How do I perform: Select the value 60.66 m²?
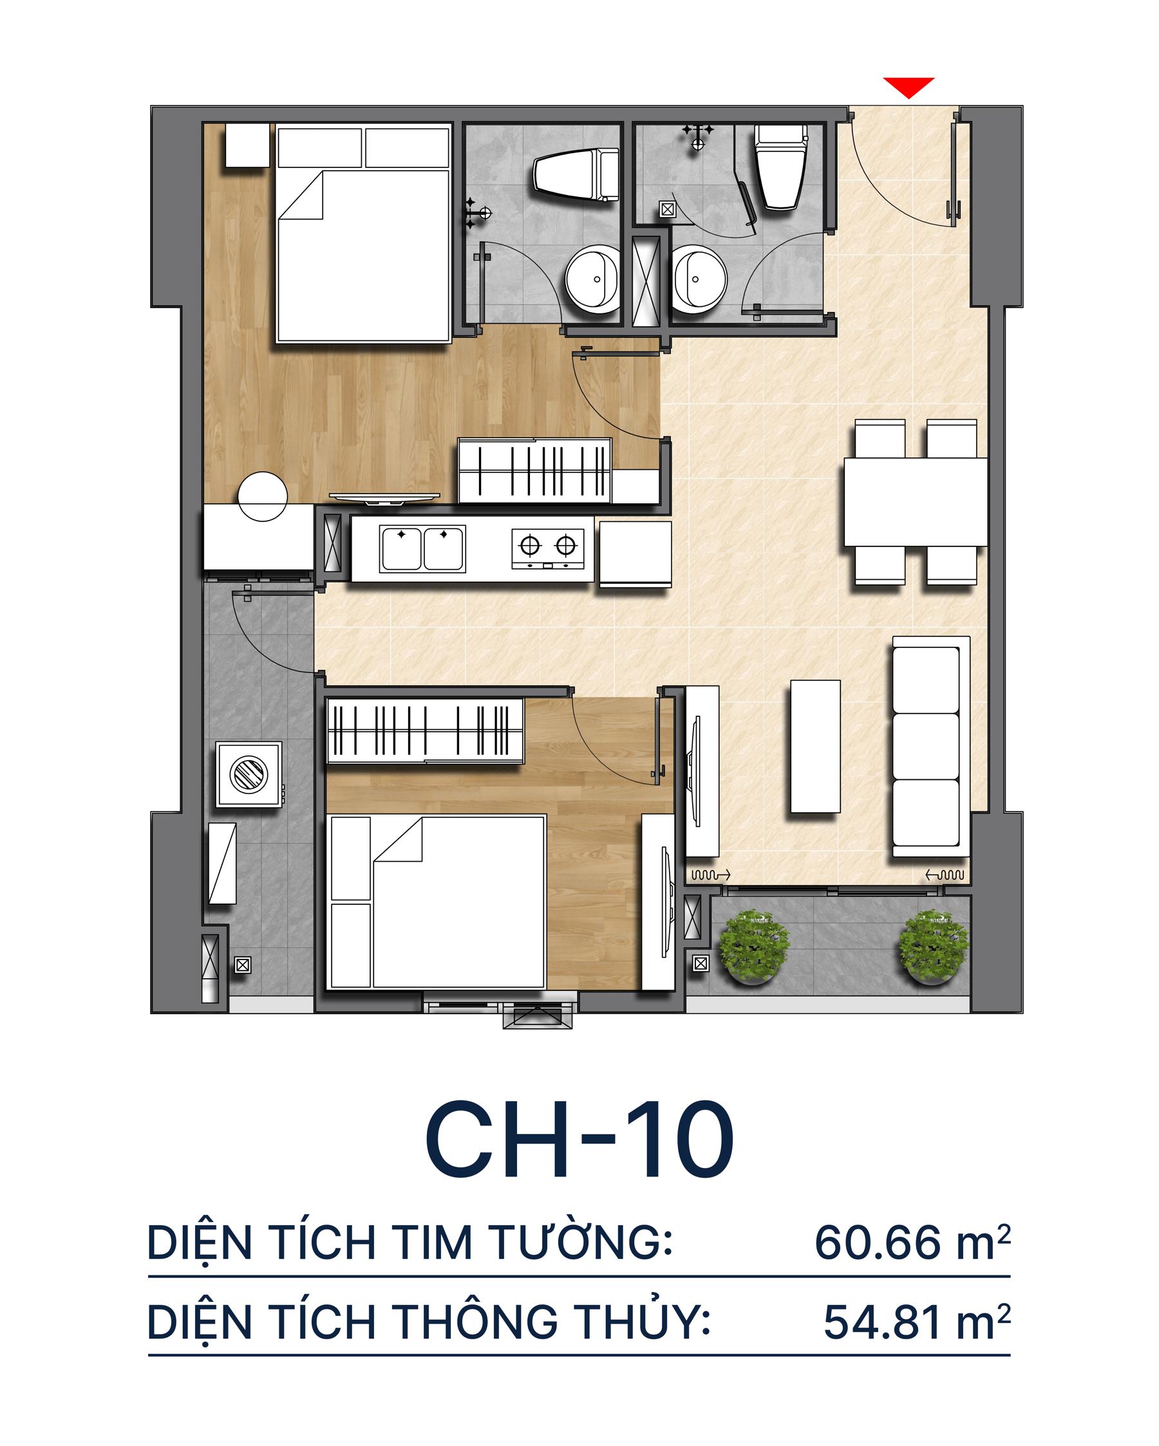[x=911, y=1243]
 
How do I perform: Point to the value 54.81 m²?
[x=916, y=1322]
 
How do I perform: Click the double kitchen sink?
[x=422, y=550]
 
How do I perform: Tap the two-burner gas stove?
[x=547, y=549]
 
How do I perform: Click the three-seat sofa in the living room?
[x=930, y=746]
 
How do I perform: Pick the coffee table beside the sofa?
[x=815, y=746]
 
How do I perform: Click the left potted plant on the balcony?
[x=753, y=946]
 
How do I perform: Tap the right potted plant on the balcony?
[x=934, y=946]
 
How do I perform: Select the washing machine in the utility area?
[x=249, y=775]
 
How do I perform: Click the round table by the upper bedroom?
[x=263, y=496]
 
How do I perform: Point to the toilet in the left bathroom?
[x=576, y=175]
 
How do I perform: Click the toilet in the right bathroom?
[x=780, y=168]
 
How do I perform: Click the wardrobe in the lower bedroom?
[x=424, y=730]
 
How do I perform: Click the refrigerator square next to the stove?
[x=634, y=554]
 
